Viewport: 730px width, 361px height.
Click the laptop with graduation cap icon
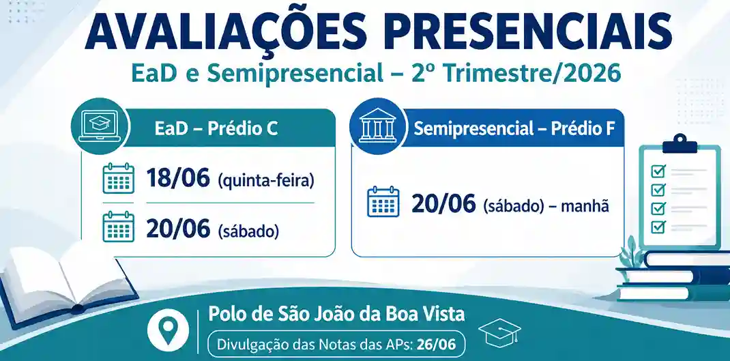99,126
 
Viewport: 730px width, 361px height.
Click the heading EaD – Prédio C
216,129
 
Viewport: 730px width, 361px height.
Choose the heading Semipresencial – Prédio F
514,129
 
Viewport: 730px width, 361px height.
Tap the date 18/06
178,178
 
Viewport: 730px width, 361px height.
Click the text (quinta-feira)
266,180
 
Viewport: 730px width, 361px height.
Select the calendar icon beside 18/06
118,178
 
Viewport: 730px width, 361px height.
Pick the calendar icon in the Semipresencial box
383,201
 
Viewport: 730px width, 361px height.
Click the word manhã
585,205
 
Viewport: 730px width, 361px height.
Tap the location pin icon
168,329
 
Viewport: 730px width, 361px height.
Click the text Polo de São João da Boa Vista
336,314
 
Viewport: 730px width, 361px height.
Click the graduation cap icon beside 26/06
499,331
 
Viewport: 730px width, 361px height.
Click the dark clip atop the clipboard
680,145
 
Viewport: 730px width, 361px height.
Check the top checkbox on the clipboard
658,171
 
